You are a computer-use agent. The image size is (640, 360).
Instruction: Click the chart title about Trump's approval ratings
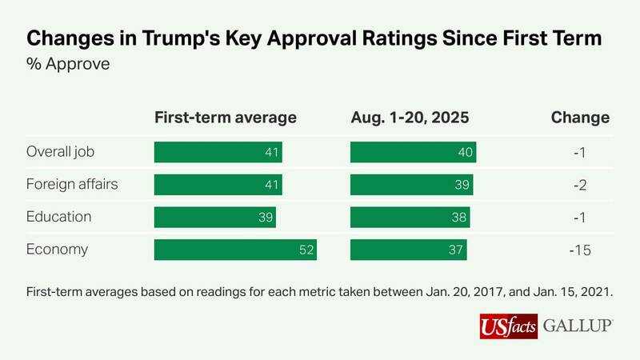[314, 38]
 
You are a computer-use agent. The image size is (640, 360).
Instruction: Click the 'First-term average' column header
[225, 118]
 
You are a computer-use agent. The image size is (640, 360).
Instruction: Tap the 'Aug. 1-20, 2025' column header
[410, 118]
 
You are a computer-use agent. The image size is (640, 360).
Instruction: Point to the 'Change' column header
[580, 118]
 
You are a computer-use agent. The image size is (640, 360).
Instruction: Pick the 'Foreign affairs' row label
[72, 184]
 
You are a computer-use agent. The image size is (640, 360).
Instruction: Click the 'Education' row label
[58, 217]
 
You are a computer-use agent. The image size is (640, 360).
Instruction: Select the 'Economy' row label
[56, 250]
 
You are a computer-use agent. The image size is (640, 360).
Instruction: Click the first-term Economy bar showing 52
[235, 250]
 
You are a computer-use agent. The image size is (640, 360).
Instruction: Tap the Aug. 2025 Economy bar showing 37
[408, 250]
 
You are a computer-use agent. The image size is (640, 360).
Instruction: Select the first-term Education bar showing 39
[214, 217]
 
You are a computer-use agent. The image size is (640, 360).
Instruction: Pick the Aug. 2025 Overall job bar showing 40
[413, 152]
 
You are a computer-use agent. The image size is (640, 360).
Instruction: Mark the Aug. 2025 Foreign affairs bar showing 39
[411, 184]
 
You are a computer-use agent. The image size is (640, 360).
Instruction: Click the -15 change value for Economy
[580, 250]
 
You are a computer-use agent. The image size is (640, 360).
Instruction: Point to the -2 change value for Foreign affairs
[580, 184]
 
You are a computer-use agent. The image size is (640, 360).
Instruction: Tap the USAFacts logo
[508, 326]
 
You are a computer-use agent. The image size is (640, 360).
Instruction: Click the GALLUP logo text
[578, 326]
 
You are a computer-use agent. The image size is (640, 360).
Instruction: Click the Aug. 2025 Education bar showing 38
[410, 217]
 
